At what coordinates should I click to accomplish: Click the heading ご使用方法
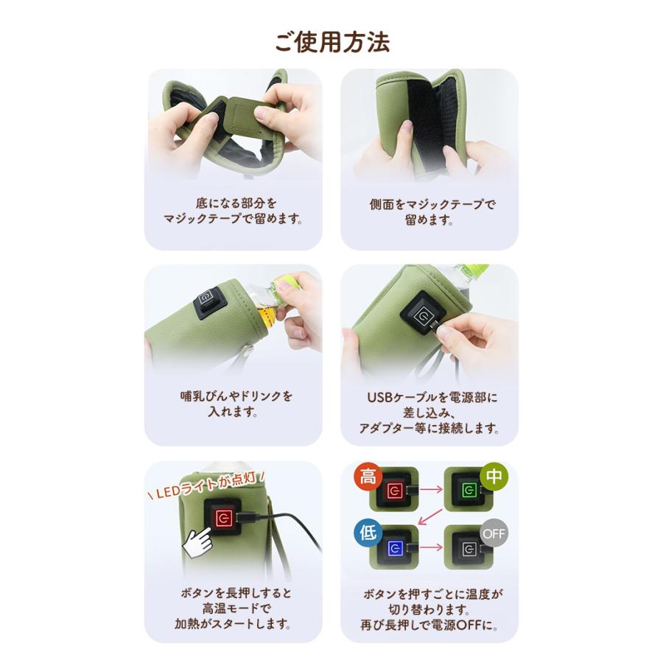click(x=331, y=41)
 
